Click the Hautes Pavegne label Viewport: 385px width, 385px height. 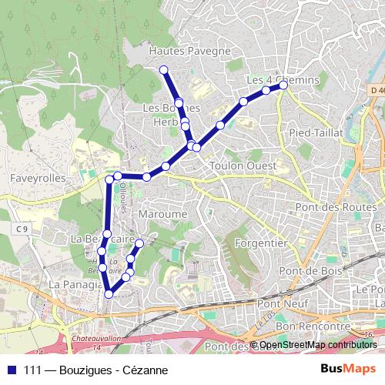pos(189,51)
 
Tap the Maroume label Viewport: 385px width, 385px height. pos(164,213)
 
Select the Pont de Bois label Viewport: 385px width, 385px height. pos(305,271)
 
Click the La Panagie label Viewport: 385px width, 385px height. pos(75,284)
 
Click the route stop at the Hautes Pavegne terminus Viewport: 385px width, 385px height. pos(164,70)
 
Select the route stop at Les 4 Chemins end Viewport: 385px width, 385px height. pos(283,85)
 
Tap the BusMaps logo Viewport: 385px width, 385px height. pos(348,369)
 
